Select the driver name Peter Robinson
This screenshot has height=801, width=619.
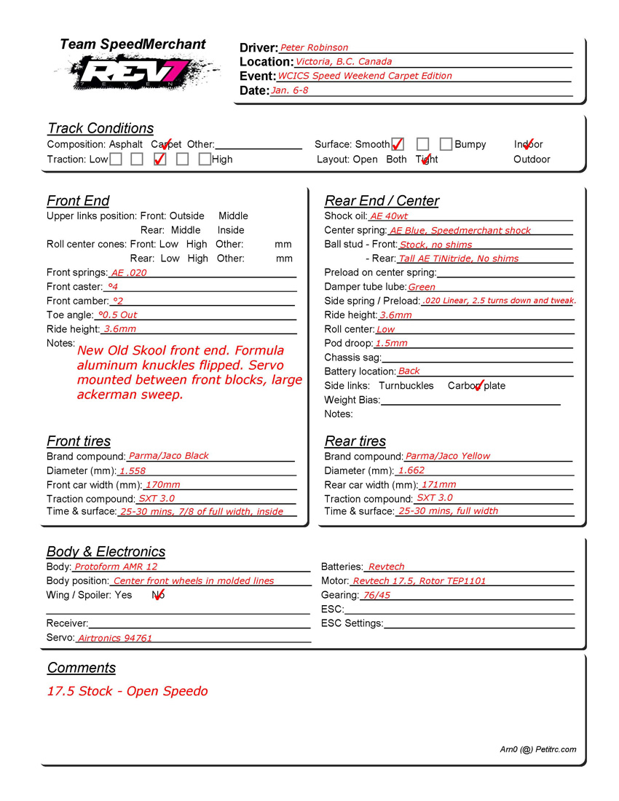click(314, 47)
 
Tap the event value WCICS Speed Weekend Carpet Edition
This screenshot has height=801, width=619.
click(364, 76)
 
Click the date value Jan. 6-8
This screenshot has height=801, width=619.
click(289, 90)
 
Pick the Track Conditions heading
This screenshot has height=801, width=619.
click(100, 128)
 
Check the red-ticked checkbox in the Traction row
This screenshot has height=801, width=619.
click(160, 159)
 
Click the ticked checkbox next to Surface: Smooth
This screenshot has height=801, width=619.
click(398, 144)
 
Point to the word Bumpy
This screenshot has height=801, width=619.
click(470, 144)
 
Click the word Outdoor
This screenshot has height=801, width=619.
click(532, 159)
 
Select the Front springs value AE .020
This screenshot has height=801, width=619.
click(128, 272)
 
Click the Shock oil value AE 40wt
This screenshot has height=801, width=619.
click(389, 216)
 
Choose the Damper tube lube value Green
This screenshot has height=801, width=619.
click(422, 287)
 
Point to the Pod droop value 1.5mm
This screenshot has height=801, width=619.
click(391, 343)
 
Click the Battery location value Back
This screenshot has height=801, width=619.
click(409, 371)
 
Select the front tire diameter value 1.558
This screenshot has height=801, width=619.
click(133, 471)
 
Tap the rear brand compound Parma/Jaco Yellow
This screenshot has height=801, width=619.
click(447, 456)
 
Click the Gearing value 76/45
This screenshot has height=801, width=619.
click(376, 595)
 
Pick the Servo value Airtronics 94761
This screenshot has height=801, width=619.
click(115, 638)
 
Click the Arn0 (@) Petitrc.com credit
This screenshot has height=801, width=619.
click(537, 749)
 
